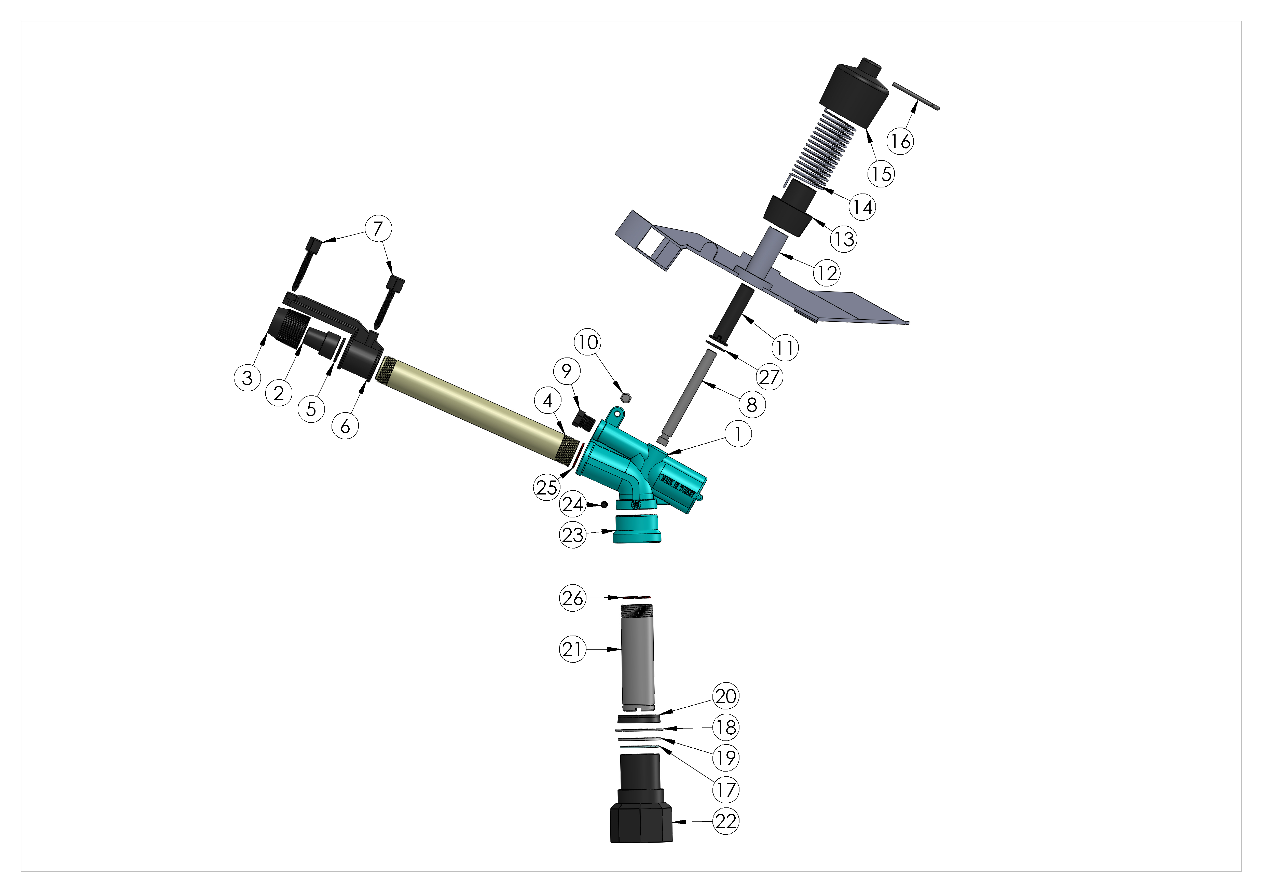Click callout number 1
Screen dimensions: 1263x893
pos(738,434)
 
